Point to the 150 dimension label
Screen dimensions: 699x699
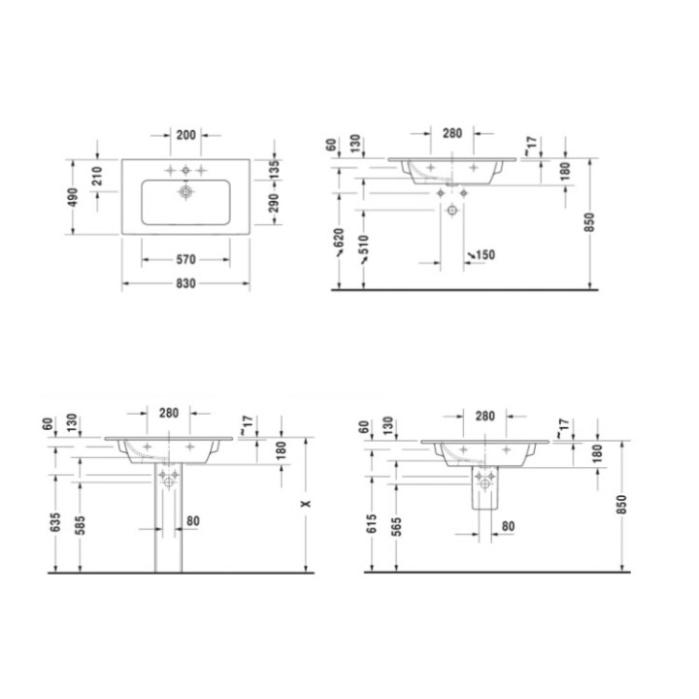484,255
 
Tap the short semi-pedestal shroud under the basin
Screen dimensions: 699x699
484,488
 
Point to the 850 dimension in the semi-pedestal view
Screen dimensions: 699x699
620,504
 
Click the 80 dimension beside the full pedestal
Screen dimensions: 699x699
192,521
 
